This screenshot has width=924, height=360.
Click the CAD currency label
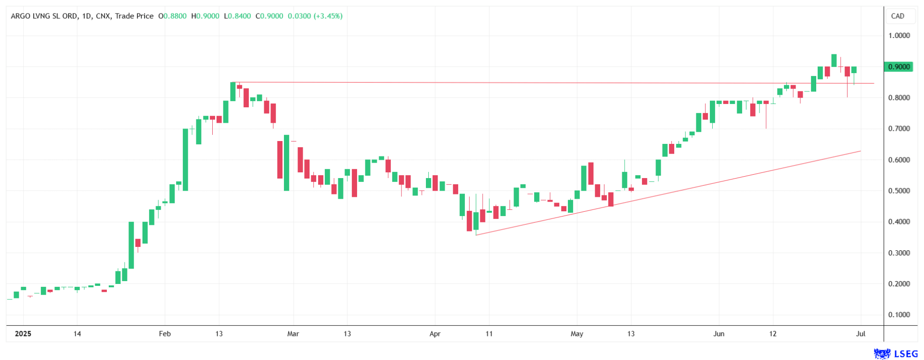point(898,16)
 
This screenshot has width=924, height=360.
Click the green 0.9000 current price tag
point(898,67)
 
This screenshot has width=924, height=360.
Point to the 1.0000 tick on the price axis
point(899,36)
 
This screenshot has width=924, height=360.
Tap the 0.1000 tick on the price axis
point(899,315)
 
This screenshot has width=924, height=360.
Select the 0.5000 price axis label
point(899,191)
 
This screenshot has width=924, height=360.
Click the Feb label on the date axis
point(165,334)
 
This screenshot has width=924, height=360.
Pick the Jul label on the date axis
point(860,334)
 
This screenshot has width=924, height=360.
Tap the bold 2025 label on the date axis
point(23,334)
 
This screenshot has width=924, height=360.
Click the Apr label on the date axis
point(435,334)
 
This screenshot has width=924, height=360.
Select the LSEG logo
point(896,354)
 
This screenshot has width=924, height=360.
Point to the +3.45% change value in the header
point(328,16)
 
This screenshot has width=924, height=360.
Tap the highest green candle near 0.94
point(834,60)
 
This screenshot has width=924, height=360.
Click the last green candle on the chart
point(854,70)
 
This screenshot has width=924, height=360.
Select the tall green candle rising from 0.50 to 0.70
point(185,159)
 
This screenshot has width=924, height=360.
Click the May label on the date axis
point(577,334)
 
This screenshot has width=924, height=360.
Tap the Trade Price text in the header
point(134,16)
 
